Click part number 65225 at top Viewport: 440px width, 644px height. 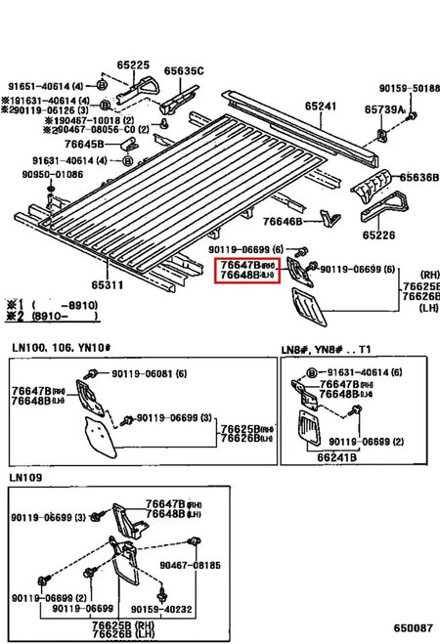point(133,65)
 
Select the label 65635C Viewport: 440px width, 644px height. point(183,70)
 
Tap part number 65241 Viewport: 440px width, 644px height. point(320,107)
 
